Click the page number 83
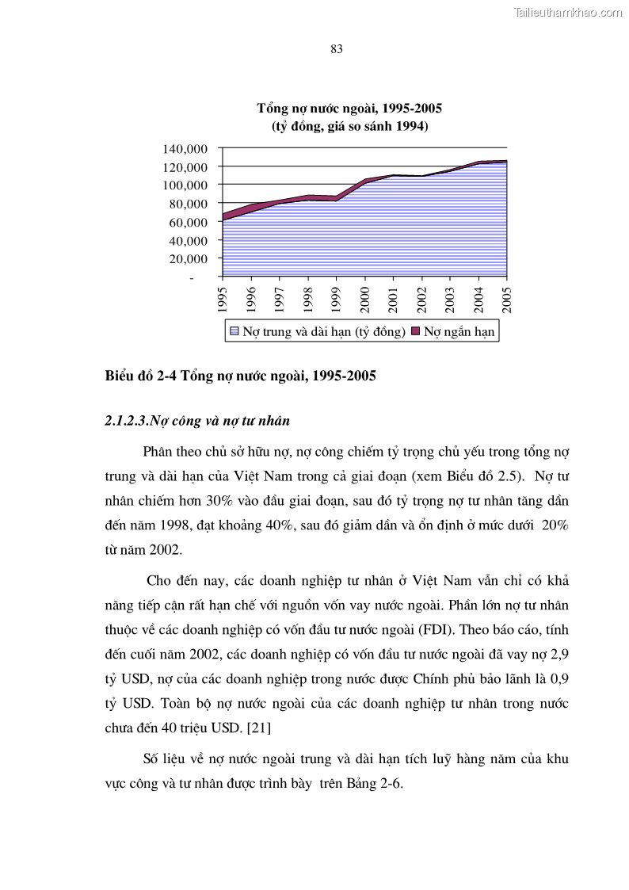[x=336, y=49]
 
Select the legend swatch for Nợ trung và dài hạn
[x=234, y=331]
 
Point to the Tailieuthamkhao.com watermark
[x=568, y=12]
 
